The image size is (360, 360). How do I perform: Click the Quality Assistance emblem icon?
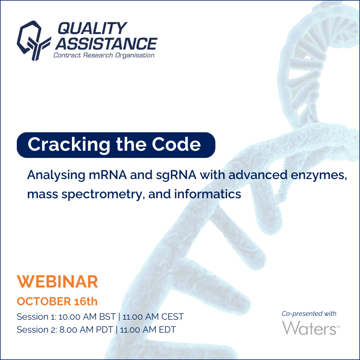(x=34, y=41)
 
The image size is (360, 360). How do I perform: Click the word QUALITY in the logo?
(x=92, y=28)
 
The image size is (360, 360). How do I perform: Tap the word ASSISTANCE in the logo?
(x=106, y=44)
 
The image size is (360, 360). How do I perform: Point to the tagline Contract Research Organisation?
(x=104, y=55)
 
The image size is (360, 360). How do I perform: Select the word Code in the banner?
(x=176, y=144)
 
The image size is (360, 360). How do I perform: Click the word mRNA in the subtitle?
(x=108, y=175)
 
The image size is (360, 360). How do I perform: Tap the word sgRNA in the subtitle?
(x=176, y=176)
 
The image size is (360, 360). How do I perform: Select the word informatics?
(x=207, y=194)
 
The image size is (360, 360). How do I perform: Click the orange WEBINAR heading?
(x=58, y=281)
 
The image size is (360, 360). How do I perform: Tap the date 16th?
(x=86, y=301)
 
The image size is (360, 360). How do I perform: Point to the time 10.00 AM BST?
(x=87, y=317)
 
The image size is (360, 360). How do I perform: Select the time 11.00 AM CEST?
(x=153, y=317)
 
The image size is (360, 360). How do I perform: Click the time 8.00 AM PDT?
(x=86, y=330)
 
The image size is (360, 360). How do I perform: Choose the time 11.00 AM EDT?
(x=148, y=330)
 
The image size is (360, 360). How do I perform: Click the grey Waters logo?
(x=311, y=328)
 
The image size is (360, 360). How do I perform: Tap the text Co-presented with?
(x=309, y=313)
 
